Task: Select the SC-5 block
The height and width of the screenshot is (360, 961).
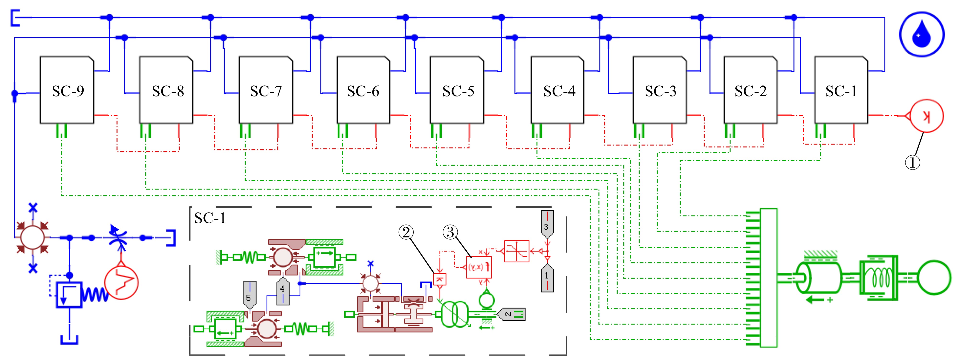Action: [457, 90]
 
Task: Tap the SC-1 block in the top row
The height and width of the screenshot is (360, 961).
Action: [841, 90]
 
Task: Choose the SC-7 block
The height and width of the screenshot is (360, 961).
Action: [266, 90]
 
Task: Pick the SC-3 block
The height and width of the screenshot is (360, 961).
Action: [659, 90]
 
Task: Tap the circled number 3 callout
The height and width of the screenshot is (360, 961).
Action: [450, 232]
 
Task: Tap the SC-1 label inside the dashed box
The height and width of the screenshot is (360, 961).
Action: [210, 218]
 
